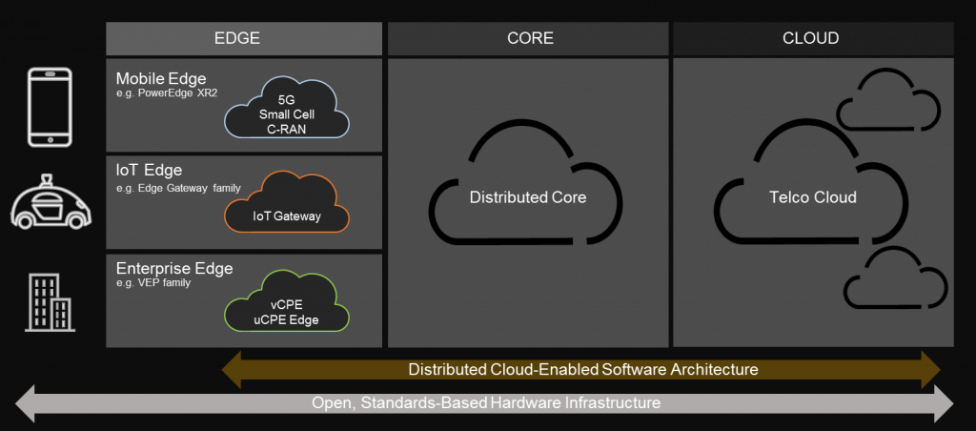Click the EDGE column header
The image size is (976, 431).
[244, 39]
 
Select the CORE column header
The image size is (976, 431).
[529, 39]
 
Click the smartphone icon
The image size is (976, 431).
[51, 107]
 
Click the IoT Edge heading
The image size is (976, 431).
[144, 171]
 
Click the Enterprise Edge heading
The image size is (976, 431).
[173, 268]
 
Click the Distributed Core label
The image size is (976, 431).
[527, 197]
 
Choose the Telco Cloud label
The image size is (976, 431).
[812, 197]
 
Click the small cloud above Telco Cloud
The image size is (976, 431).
[886, 102]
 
